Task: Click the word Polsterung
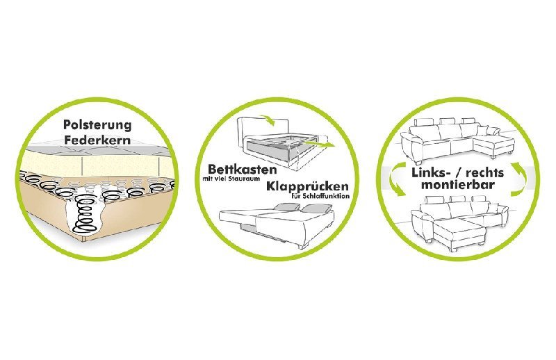click(97, 125)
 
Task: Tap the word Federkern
click(97, 140)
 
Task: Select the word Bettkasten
click(242, 169)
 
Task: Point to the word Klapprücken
click(307, 186)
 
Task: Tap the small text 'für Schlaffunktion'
click(320, 196)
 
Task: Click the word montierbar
click(458, 185)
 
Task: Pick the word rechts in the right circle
click(484, 173)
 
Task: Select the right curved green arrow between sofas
click(519, 179)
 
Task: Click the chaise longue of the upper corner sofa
click(495, 145)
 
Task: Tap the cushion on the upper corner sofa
click(492, 131)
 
